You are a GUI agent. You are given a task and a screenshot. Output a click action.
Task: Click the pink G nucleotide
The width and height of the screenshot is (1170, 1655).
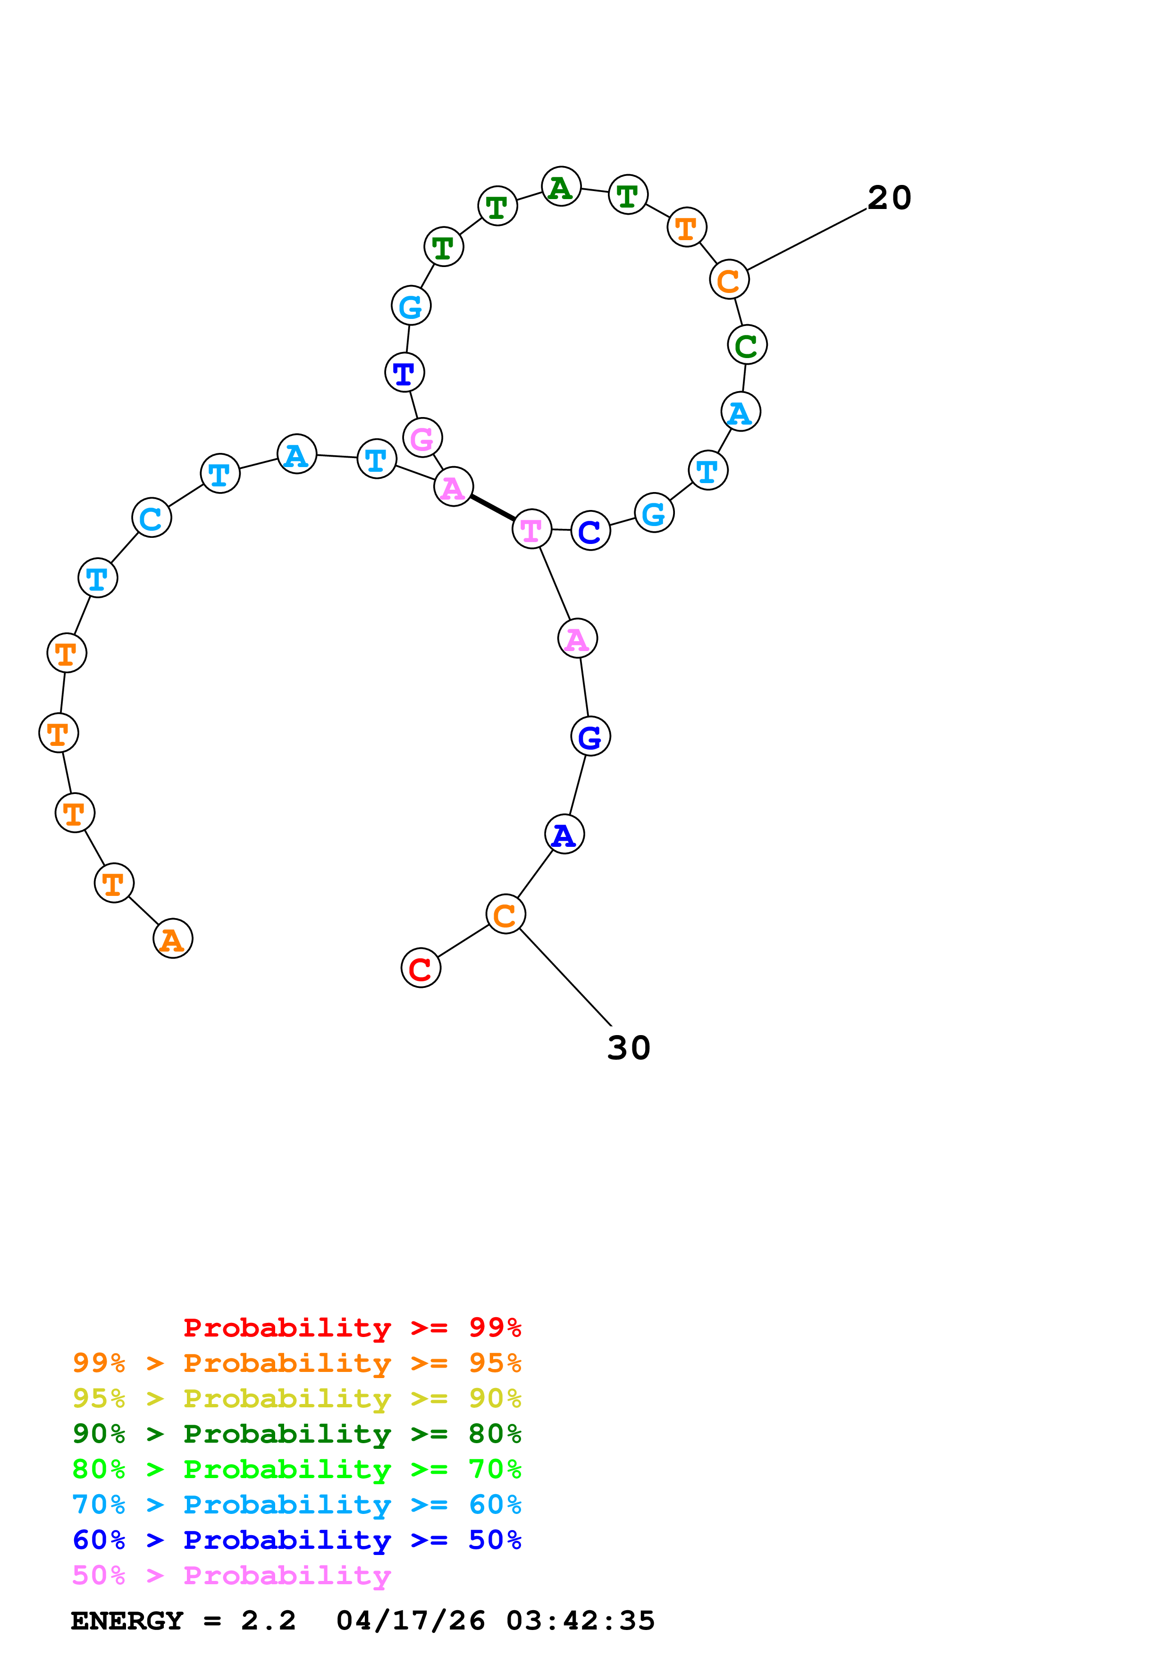tap(422, 437)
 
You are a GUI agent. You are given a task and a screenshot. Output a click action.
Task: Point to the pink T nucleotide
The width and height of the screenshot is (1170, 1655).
tap(531, 529)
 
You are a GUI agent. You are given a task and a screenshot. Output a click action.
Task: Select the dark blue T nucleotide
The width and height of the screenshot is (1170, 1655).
tap(404, 373)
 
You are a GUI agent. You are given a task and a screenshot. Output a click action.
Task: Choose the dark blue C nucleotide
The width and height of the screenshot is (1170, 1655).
tap(590, 531)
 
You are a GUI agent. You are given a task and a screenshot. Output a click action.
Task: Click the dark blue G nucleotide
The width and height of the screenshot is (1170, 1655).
tap(590, 736)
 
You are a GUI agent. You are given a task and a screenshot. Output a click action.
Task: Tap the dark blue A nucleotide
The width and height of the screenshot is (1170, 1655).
tap(564, 834)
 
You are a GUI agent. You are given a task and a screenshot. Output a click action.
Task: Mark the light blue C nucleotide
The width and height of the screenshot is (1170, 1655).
tap(152, 518)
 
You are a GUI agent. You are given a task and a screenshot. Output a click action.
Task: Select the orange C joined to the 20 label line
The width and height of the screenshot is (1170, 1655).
tap(729, 280)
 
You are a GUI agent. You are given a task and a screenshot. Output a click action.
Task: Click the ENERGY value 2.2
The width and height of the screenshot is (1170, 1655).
tap(268, 1621)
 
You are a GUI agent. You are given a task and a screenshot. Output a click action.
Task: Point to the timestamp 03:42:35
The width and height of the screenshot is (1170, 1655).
tap(581, 1621)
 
